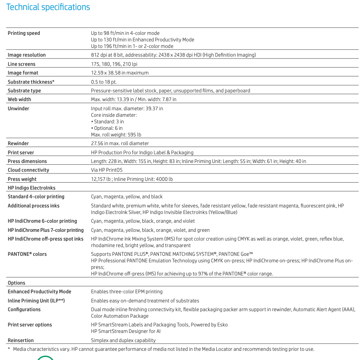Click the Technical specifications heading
point(48,7)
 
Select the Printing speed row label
point(24,33)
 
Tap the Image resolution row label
point(27,55)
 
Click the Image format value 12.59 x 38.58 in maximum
point(120,73)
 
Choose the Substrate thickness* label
point(31,82)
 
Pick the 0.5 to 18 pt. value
point(104,82)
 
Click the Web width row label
point(20,99)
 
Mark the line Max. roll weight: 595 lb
point(116,135)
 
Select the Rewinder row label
point(18,143)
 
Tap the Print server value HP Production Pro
point(142,153)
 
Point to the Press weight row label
point(22,179)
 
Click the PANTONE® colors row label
point(27,254)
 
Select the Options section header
point(17,283)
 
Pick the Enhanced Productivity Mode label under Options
point(40,292)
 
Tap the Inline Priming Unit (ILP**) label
point(36,301)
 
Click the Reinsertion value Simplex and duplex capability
point(123,340)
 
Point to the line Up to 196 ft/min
point(132,46)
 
